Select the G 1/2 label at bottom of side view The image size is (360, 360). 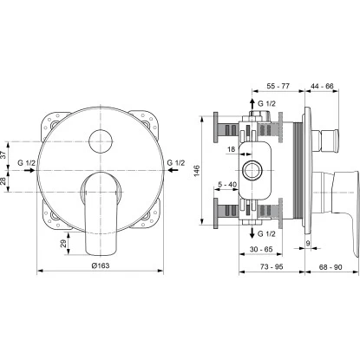pyautogui.click(x=270, y=234)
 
